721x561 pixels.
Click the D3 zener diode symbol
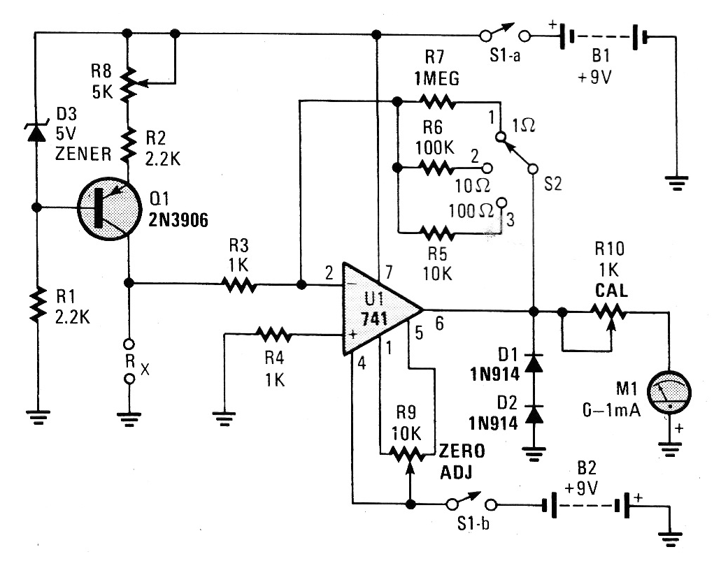pyautogui.click(x=35, y=132)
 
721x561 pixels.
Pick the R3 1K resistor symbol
pyautogui.click(x=240, y=284)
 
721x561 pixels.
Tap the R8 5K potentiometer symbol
pyautogui.click(x=127, y=83)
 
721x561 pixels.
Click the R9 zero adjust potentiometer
pyautogui.click(x=408, y=453)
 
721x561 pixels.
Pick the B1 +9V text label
pyautogui.click(x=594, y=68)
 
